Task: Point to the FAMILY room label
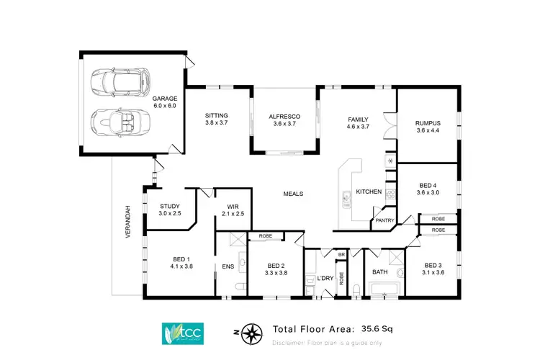pyautogui.click(x=358, y=120)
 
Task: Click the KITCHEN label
pyautogui.click(x=369, y=192)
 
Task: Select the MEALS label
pyautogui.click(x=293, y=194)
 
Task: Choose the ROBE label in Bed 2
pyautogui.click(x=265, y=235)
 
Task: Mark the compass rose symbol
pyautogui.click(x=251, y=333)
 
